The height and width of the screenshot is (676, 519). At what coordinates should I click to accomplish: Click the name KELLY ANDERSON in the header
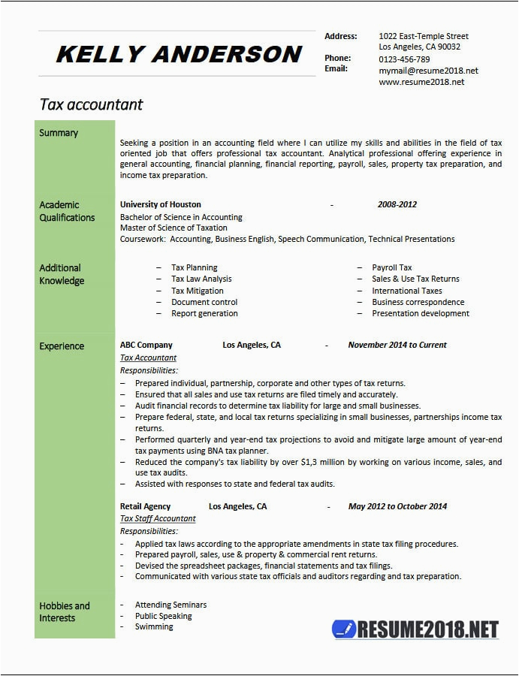click(178, 54)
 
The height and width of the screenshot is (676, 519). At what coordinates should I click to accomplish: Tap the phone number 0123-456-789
click(404, 59)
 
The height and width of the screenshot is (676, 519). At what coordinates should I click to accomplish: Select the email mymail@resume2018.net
click(428, 71)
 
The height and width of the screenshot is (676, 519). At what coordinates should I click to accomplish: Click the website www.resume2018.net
click(421, 82)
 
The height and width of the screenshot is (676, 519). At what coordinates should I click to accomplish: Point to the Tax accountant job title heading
click(91, 104)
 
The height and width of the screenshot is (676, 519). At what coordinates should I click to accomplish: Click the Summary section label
click(59, 133)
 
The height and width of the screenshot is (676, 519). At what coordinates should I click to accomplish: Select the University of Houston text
click(160, 204)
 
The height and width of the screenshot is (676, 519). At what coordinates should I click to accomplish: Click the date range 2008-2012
click(397, 204)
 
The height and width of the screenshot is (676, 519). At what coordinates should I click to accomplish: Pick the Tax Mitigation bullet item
click(197, 291)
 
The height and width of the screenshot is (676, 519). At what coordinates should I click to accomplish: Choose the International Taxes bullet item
click(406, 291)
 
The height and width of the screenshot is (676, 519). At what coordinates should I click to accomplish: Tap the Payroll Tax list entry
click(391, 267)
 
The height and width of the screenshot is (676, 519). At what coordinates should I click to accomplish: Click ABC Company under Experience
click(146, 346)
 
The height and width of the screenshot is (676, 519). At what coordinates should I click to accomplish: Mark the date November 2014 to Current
click(397, 346)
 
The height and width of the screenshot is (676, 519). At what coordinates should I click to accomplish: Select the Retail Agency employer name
click(145, 506)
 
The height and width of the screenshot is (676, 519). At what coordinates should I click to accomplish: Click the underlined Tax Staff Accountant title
click(158, 518)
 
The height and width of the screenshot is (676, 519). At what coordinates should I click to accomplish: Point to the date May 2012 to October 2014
click(397, 506)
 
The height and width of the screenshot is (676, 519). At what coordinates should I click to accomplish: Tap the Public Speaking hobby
click(163, 616)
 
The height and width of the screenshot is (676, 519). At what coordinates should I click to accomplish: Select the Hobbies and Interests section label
click(65, 611)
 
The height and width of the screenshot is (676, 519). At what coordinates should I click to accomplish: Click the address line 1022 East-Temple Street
click(423, 36)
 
